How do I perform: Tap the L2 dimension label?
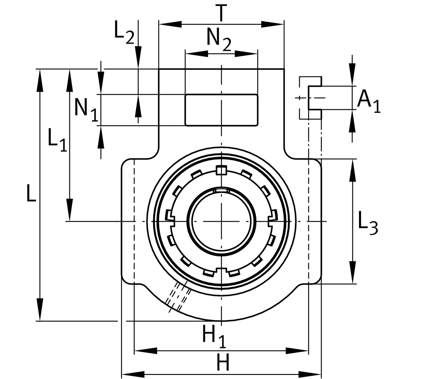(124, 33)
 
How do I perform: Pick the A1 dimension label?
(368, 101)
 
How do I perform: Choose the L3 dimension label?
(368, 224)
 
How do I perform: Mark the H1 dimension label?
(214, 337)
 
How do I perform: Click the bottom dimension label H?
(223, 362)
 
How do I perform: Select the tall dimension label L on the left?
(31, 193)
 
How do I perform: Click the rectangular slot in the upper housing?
(221, 110)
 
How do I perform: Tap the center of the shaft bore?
(221, 221)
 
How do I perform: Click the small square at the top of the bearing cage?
(221, 170)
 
